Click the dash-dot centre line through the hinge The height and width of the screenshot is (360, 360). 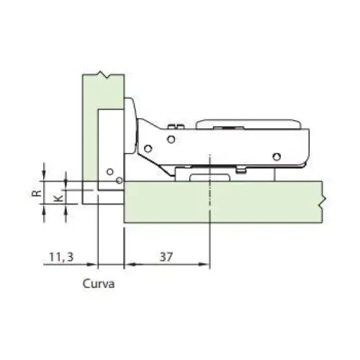coord(210,216)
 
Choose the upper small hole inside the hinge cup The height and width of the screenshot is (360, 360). coord(109,172)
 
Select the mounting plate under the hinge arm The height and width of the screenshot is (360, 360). coord(209,174)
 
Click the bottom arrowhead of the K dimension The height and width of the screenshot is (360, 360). coord(66,204)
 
